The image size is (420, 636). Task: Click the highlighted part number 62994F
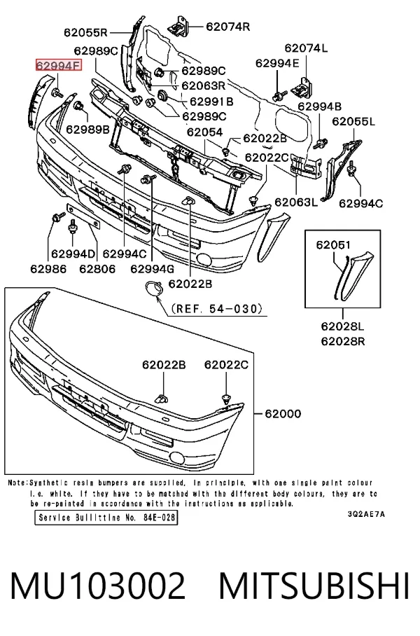tap(59, 65)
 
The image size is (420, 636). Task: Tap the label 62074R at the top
tap(227, 27)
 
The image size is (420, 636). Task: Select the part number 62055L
tap(353, 121)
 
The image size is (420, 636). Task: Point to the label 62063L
tap(296, 202)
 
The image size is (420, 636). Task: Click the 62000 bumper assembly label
tap(283, 414)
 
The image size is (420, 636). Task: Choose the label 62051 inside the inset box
tap(333, 245)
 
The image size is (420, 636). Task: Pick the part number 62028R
tap(343, 342)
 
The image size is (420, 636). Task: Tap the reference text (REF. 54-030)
tap(217, 309)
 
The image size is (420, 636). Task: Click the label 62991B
tap(211, 101)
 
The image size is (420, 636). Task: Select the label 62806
tap(97, 268)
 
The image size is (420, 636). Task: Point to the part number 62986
tap(48, 268)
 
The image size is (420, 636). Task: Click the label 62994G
tap(153, 268)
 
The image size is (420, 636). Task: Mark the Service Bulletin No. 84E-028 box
tap(106, 518)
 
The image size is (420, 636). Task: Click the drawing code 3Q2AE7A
tap(366, 514)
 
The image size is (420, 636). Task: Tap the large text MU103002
tap(98, 586)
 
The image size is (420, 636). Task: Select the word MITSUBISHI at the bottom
tap(314, 586)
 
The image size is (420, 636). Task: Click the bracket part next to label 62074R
tap(178, 26)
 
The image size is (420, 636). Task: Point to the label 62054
tap(204, 132)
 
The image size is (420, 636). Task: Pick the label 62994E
tap(277, 63)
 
